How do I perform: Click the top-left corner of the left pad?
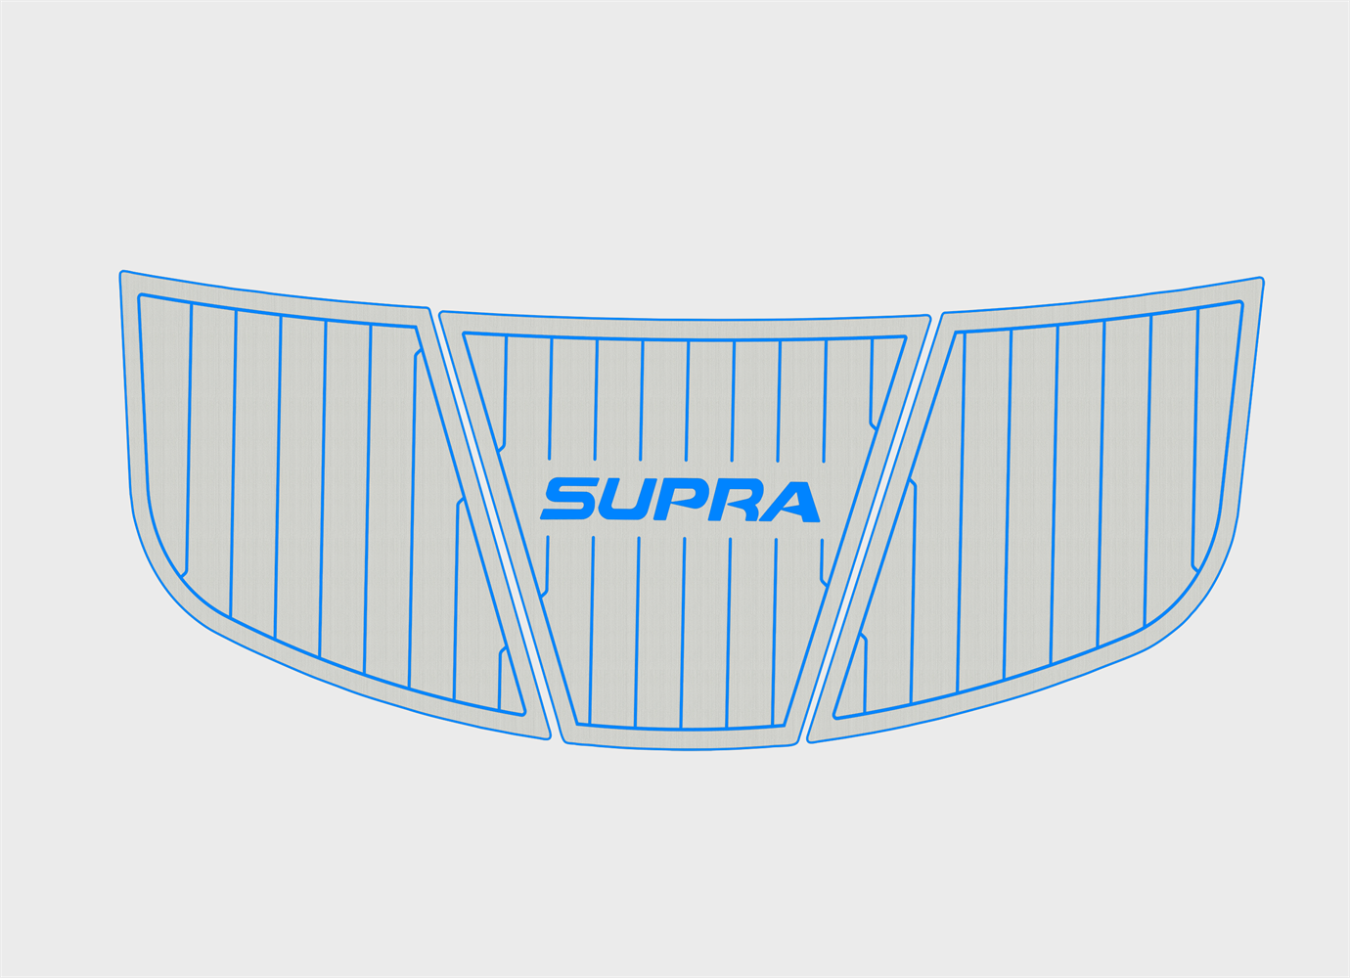[120, 272]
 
